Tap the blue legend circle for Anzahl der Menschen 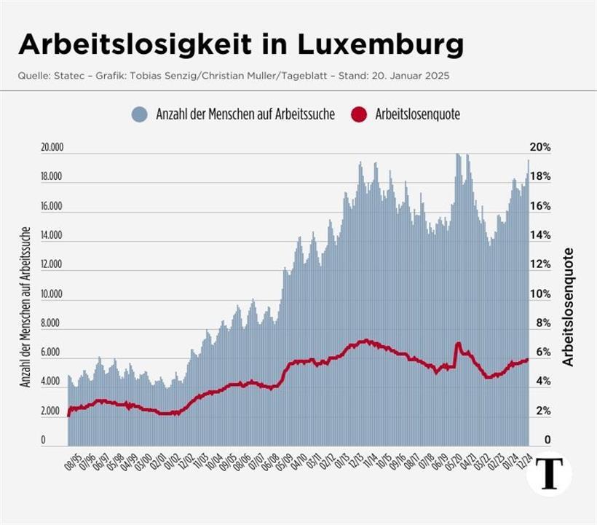[x=141, y=114]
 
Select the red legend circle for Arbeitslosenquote [x=359, y=114]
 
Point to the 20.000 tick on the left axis [x=52, y=148]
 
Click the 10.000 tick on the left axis [x=52, y=294]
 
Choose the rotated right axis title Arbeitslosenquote [x=569, y=307]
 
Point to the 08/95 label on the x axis [x=70, y=461]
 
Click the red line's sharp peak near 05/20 [x=458, y=343]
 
